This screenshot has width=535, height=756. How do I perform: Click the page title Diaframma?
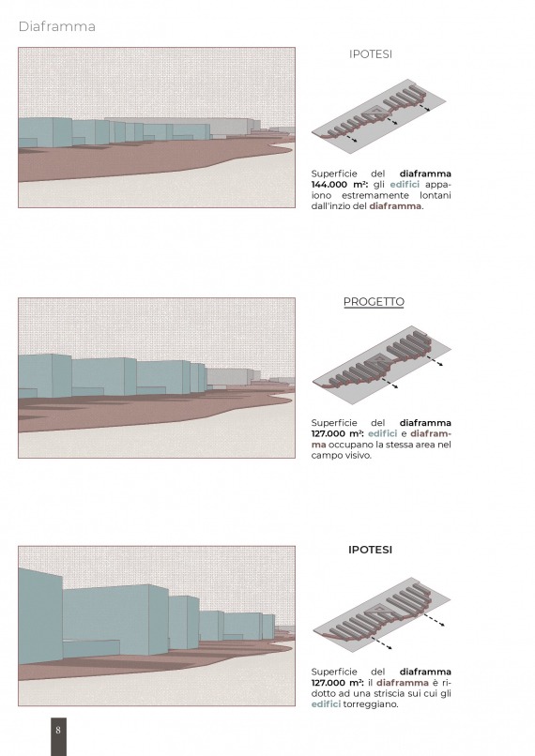pyautogui.click(x=57, y=26)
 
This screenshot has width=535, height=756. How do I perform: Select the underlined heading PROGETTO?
pyautogui.click(x=374, y=302)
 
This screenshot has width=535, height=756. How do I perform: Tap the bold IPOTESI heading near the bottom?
pyautogui.click(x=370, y=550)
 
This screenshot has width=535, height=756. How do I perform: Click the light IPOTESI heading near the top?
pyautogui.click(x=371, y=54)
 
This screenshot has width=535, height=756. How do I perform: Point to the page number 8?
pyautogui.click(x=58, y=730)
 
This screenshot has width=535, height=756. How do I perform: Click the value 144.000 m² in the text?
pyautogui.click(x=340, y=185)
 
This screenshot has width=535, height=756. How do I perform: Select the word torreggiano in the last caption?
pyautogui.click(x=371, y=704)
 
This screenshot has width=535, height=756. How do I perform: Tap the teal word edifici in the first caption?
pyautogui.click(x=405, y=185)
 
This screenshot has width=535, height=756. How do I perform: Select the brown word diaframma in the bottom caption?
pyautogui.click(x=403, y=683)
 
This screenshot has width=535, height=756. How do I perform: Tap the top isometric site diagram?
pyautogui.click(x=378, y=116)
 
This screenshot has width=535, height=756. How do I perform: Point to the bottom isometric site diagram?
pyautogui.click(x=382, y=613)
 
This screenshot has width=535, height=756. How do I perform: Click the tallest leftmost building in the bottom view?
pyautogui.click(x=40, y=615)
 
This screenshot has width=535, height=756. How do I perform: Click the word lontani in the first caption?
pyautogui.click(x=436, y=195)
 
